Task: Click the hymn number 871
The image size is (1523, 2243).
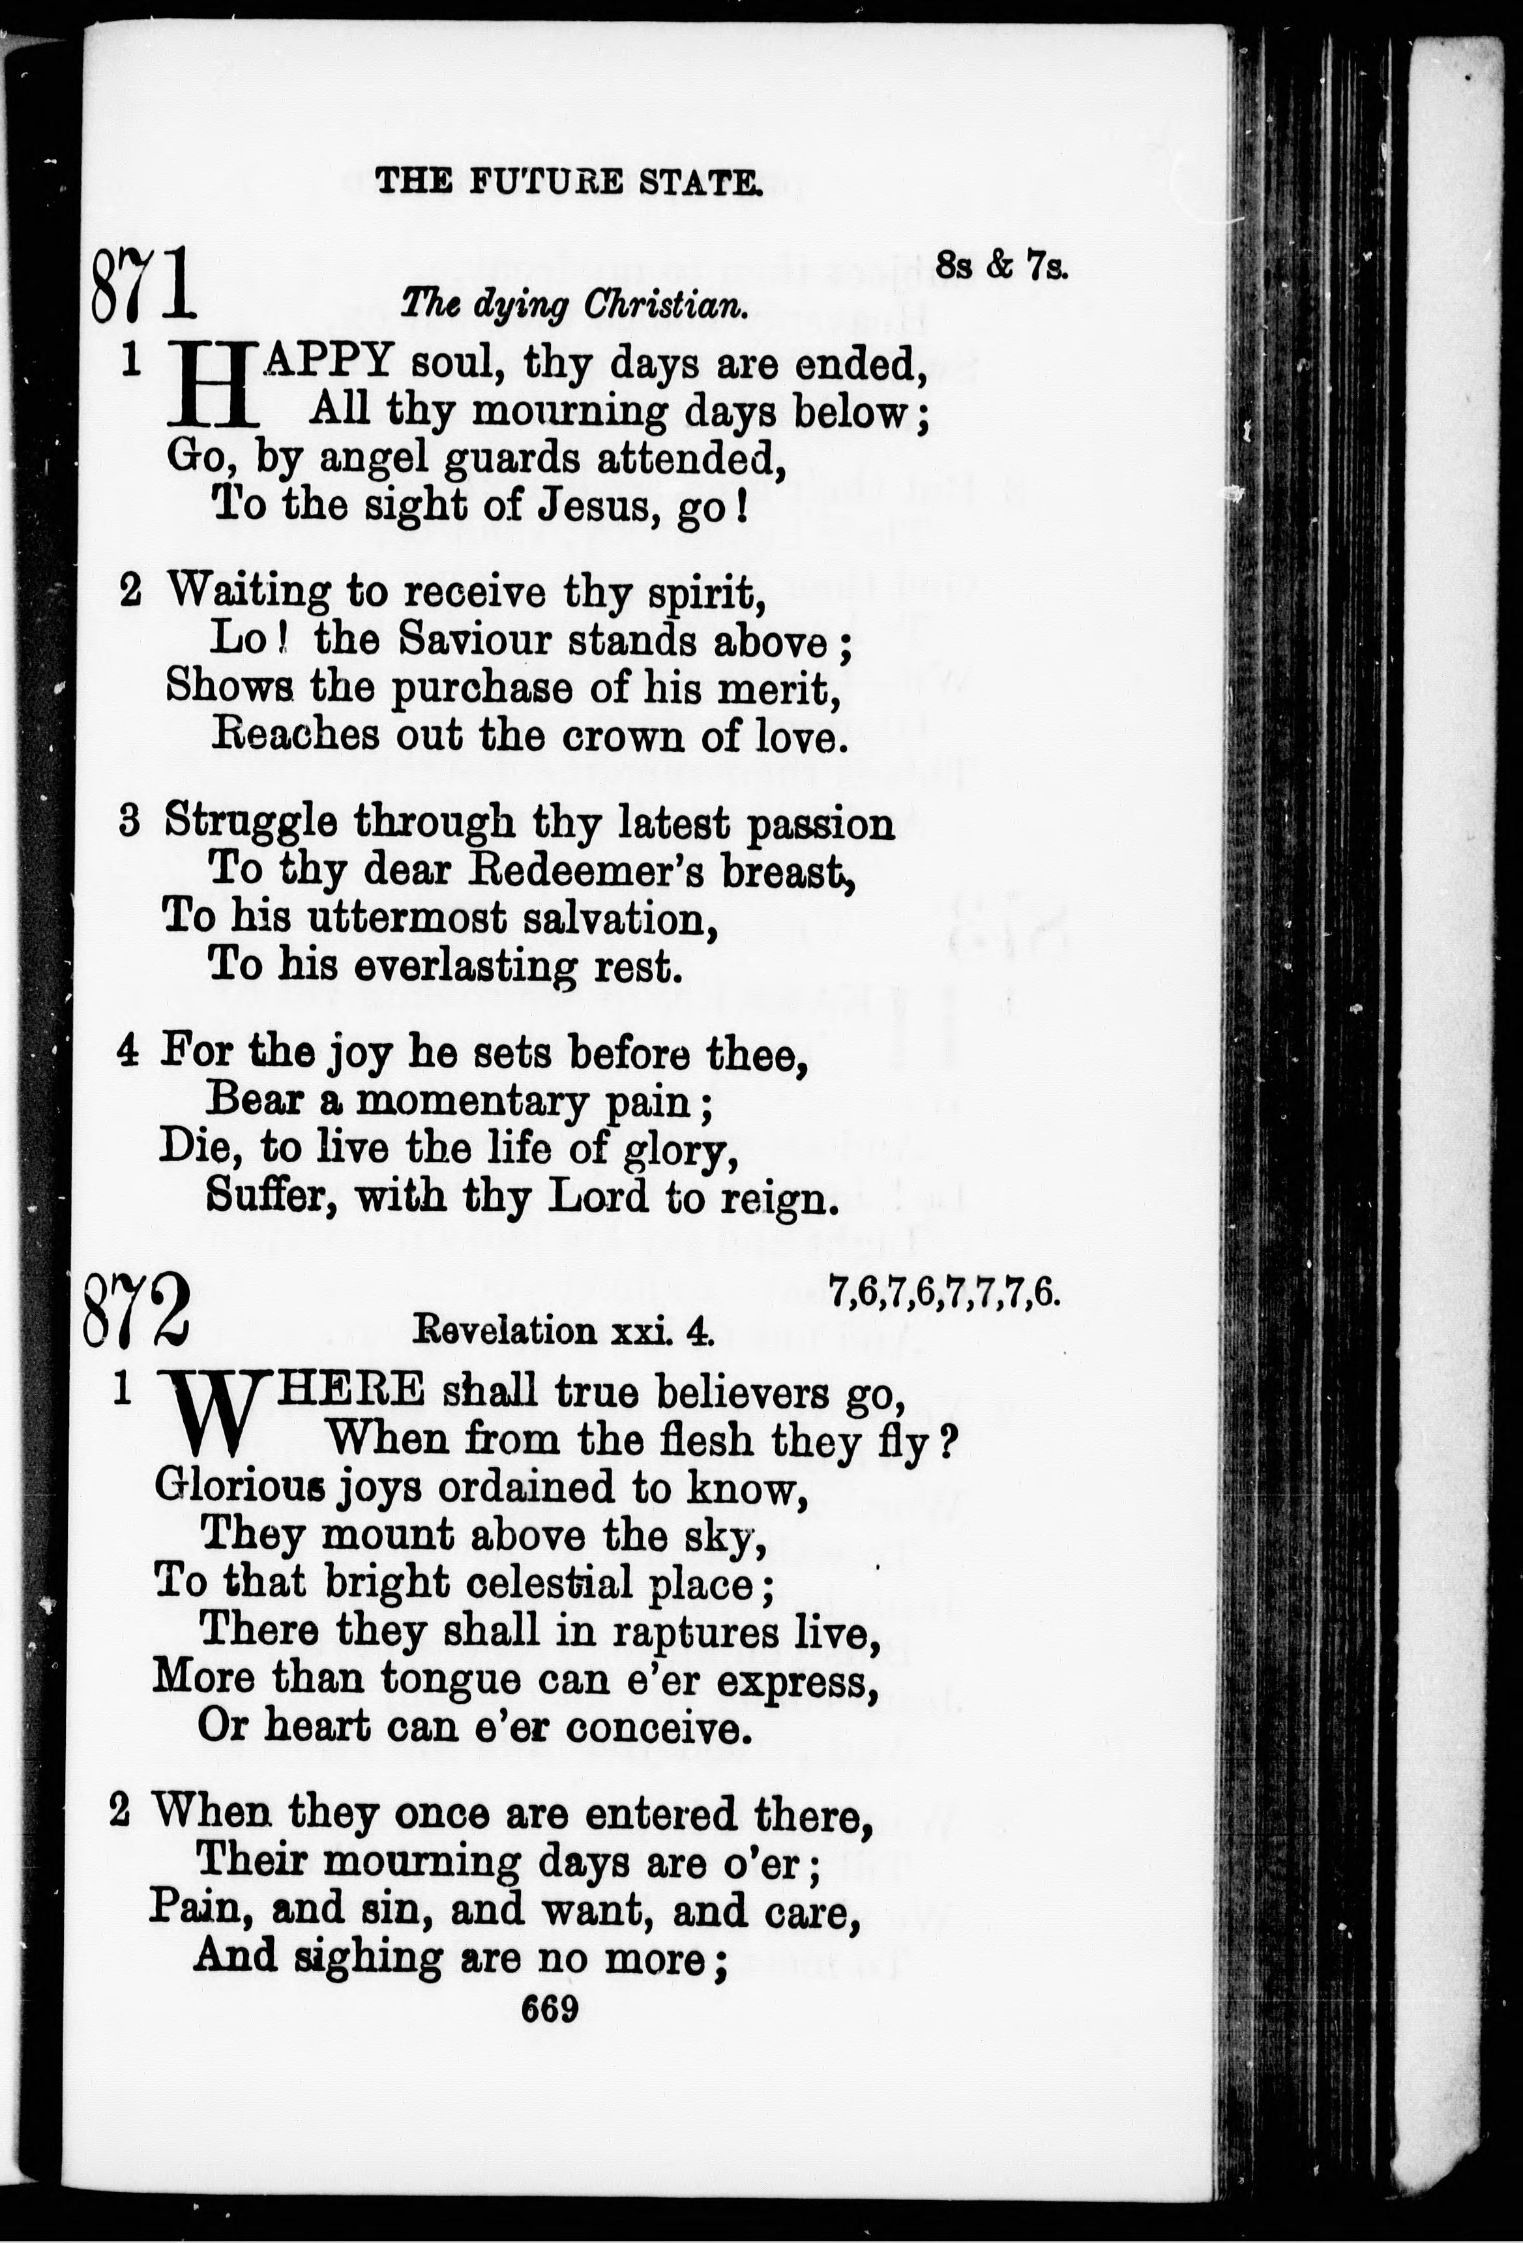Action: point(144,285)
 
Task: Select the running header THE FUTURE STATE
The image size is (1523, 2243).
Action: point(567,181)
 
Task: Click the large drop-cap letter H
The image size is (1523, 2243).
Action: point(214,385)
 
